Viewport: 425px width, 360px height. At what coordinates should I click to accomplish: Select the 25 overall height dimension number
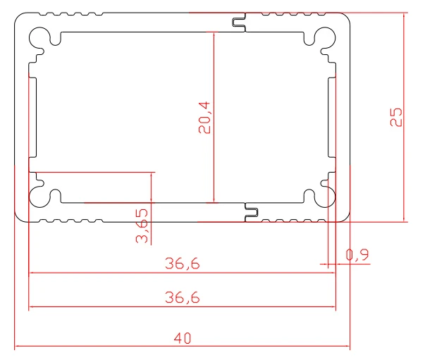click(396, 116)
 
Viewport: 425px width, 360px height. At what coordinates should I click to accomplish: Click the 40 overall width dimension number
click(183, 338)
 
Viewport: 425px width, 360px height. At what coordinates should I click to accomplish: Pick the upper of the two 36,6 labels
click(183, 264)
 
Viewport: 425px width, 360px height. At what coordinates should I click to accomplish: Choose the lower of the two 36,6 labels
click(183, 298)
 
